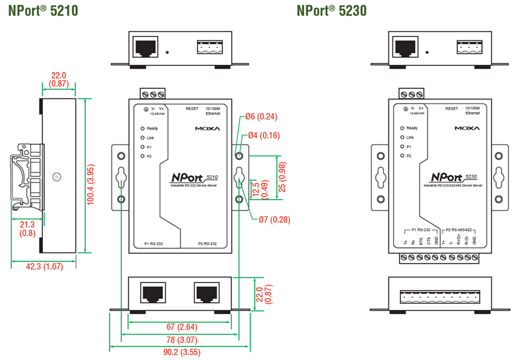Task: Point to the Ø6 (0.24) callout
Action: click(261, 117)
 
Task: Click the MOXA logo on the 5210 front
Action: click(208, 128)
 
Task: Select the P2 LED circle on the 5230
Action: click(402, 156)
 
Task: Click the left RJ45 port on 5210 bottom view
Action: click(152, 293)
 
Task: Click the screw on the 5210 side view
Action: click(58, 176)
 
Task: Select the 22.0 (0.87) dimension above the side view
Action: click(59, 79)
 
